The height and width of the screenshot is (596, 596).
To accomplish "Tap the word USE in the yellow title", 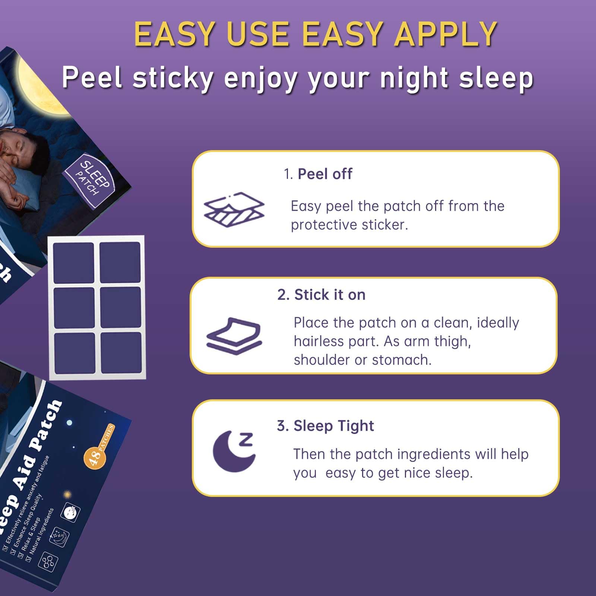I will tap(257, 34).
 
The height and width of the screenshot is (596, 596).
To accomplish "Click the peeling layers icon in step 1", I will tap(234, 210).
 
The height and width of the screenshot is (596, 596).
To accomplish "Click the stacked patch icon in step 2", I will tap(234, 336).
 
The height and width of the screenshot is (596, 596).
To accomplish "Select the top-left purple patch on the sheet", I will tap(73, 263).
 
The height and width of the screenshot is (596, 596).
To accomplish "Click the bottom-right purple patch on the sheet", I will tap(121, 352).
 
